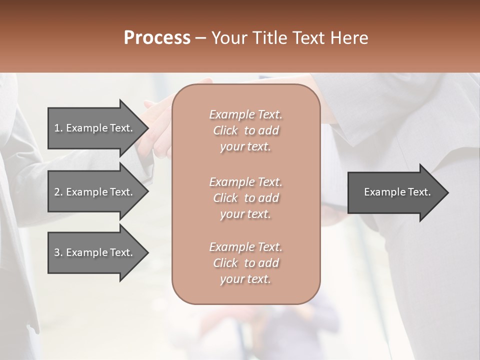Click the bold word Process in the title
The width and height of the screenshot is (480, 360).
157,38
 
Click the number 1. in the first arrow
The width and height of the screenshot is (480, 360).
58,128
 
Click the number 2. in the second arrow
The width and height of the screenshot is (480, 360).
58,192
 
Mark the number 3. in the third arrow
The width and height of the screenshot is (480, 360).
58,253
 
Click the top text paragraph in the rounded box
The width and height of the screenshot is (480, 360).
245,130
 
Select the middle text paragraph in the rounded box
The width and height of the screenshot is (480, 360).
245,198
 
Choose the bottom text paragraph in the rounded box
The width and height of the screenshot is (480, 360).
245,263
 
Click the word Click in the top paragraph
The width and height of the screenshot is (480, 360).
225,130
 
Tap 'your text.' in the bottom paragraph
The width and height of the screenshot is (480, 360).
245,279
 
